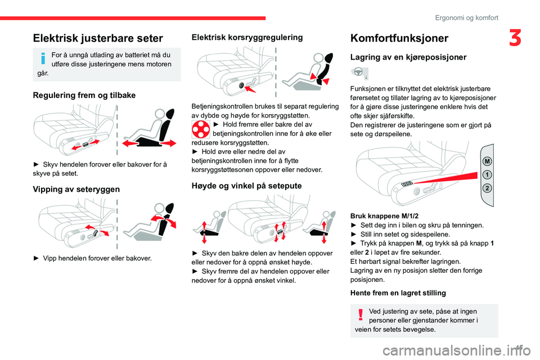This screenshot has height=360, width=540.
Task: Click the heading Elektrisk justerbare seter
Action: coord(98,38)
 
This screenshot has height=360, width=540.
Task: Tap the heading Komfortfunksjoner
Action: coord(399,38)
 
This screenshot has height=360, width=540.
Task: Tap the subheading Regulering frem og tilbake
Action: coord(84,96)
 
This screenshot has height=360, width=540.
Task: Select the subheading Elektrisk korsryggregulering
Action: coord(247,38)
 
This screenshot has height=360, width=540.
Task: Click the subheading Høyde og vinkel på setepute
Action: coord(246,185)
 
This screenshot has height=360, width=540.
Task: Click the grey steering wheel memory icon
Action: coord(359,73)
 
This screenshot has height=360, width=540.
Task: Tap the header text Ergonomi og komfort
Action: coord(466,17)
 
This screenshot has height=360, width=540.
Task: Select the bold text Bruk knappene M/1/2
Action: coord(384,216)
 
